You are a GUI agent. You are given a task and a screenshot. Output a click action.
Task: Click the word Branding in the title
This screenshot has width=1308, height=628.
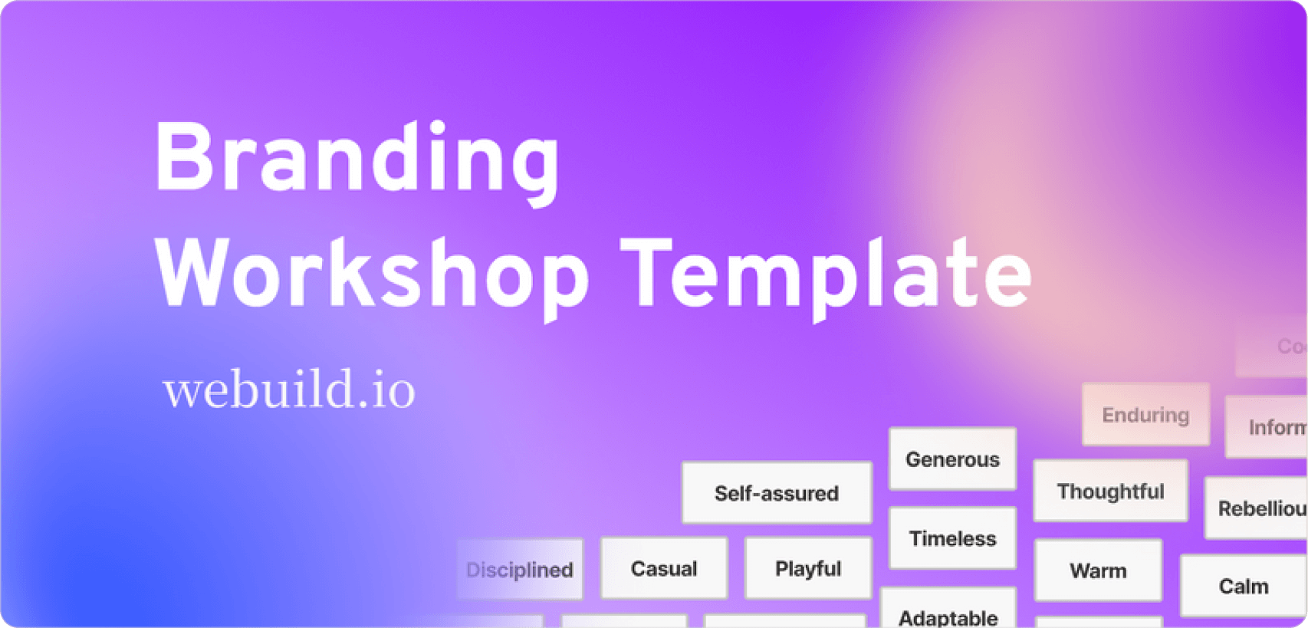pyautogui.click(x=357, y=159)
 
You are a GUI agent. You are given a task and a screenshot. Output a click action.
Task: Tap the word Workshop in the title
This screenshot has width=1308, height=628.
pyautogui.click(x=372, y=275)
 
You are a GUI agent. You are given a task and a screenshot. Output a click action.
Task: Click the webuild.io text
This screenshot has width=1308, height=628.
pyautogui.click(x=289, y=390)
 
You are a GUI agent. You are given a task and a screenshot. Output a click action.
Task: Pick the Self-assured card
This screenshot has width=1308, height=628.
pyautogui.click(x=776, y=493)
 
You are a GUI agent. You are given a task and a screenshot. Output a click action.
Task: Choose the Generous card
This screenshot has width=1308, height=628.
pyautogui.click(x=952, y=459)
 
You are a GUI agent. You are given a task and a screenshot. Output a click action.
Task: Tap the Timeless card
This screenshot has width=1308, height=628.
pyautogui.click(x=952, y=538)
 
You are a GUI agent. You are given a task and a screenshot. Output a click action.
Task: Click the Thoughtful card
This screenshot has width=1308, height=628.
pyautogui.click(x=1110, y=492)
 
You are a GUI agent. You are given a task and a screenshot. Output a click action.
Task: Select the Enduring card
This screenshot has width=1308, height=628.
pyautogui.click(x=1145, y=415)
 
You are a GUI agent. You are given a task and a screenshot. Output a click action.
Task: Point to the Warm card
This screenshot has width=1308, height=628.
pyautogui.click(x=1098, y=570)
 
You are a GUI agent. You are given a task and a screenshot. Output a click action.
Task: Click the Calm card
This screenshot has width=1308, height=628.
pyautogui.click(x=1243, y=587)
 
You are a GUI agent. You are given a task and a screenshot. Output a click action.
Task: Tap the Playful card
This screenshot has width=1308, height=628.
pyautogui.click(x=807, y=569)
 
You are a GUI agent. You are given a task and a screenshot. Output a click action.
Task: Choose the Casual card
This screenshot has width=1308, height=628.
pyautogui.click(x=663, y=569)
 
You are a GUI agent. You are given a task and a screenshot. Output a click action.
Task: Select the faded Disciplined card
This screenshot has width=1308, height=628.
pyautogui.click(x=519, y=570)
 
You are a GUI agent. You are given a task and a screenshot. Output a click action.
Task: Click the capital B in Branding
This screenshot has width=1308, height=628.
pyautogui.click(x=183, y=157)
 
